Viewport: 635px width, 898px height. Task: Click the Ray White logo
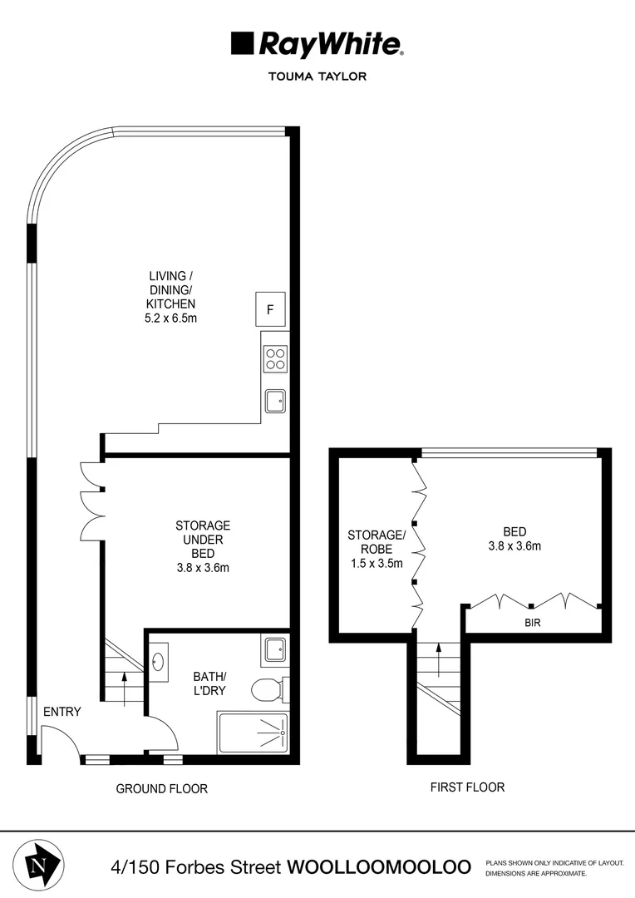(317, 43)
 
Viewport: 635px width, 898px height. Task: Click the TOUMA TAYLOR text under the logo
(317, 76)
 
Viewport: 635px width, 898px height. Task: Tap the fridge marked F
(269, 310)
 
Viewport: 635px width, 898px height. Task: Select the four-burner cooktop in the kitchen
(275, 358)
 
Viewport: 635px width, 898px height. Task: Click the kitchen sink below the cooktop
(275, 402)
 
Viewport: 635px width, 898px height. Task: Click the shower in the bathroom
(252, 733)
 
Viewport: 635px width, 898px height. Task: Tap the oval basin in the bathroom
(159, 663)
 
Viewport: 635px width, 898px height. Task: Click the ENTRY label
(63, 711)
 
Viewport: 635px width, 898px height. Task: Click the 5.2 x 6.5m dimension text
(172, 318)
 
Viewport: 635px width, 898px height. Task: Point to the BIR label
(532, 621)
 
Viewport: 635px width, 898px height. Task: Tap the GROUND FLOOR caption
(161, 788)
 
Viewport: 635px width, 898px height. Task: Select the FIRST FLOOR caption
(467, 787)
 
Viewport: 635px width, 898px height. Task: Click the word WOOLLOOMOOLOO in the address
(378, 866)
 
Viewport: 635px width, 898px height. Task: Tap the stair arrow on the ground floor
(125, 688)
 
